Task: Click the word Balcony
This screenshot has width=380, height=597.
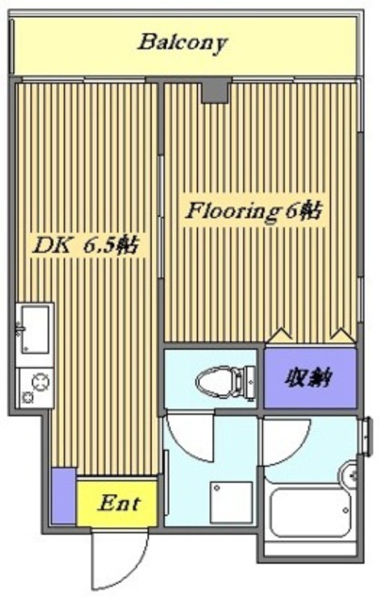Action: pyautogui.click(x=182, y=43)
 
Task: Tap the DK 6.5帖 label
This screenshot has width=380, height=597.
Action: pyautogui.click(x=85, y=246)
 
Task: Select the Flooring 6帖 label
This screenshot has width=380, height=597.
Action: pyautogui.click(x=254, y=212)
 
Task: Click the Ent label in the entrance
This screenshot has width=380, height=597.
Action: pyautogui.click(x=119, y=503)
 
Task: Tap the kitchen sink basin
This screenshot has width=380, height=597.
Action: pyautogui.click(x=35, y=330)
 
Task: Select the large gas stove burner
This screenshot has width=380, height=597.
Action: pyautogui.click(x=40, y=382)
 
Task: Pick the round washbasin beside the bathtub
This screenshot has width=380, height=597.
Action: pyautogui.click(x=349, y=475)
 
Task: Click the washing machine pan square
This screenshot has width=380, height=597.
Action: pyautogui.click(x=231, y=502)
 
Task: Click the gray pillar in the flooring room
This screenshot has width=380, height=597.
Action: pyautogui.click(x=217, y=90)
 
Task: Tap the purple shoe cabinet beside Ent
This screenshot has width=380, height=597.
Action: pyautogui.click(x=63, y=496)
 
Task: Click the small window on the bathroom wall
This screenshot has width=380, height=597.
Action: pyautogui.click(x=367, y=436)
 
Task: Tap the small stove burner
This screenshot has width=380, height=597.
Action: pyautogui.click(x=28, y=398)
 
